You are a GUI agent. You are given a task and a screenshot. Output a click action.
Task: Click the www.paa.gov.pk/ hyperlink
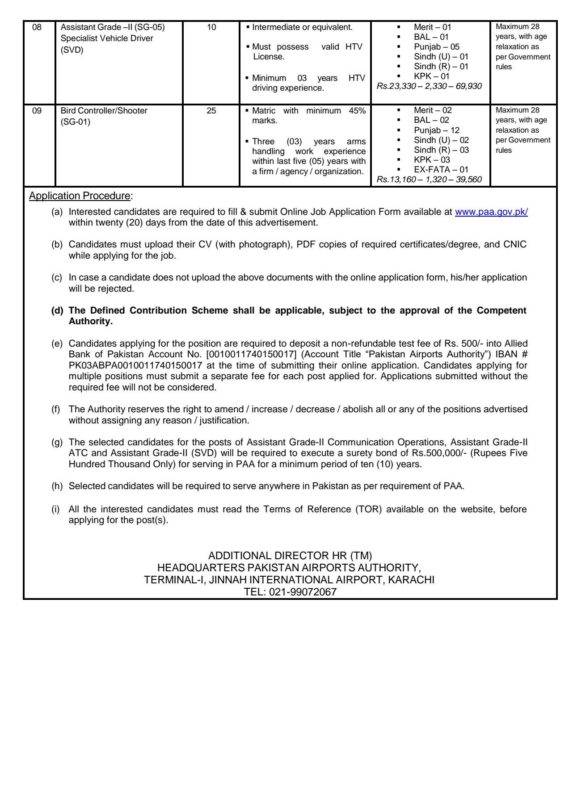coord(491,213)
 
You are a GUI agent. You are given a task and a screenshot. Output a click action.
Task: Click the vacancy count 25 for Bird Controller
coord(211,111)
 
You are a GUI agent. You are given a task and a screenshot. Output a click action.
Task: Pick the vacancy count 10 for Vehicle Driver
coord(211,28)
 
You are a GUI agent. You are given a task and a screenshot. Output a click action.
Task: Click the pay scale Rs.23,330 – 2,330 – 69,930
coord(429,87)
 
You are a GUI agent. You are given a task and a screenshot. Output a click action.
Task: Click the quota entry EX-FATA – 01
coord(441,170)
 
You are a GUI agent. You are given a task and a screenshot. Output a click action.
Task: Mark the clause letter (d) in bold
coord(58,311)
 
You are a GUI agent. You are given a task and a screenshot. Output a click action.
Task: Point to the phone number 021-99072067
coord(308,593)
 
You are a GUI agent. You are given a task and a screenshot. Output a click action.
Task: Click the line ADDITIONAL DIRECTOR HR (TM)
coord(290,556)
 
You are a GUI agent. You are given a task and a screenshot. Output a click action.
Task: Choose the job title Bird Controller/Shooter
coord(104,111)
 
